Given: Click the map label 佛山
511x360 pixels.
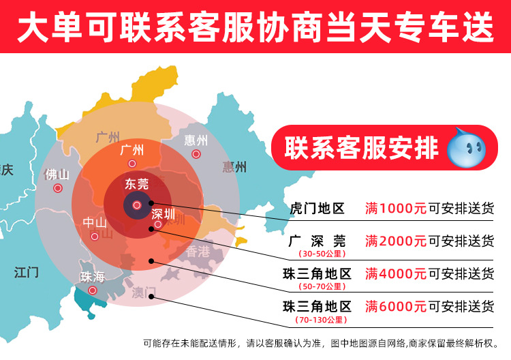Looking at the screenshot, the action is [57, 174].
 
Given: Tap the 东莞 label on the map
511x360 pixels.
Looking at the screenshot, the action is [136, 183].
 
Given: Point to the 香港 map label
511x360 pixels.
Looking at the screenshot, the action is [199, 251].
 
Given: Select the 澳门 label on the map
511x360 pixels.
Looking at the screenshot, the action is [144, 292].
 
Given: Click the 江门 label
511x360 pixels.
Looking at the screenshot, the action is [26, 273].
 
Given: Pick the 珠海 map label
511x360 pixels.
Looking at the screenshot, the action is [93, 277].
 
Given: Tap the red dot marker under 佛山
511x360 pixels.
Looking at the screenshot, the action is [58, 188].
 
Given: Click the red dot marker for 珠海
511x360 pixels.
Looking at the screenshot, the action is [93, 290].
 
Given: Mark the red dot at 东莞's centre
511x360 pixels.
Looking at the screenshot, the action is [137, 204].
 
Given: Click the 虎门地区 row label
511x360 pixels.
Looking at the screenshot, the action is [318, 207].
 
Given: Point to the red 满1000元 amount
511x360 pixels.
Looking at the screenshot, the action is [395, 207].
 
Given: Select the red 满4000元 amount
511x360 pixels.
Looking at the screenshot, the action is [395, 274].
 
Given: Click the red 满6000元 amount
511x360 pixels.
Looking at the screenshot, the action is [395, 307].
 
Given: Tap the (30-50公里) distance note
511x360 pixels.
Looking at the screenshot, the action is [318, 254].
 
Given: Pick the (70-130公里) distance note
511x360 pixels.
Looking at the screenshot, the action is [318, 320].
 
